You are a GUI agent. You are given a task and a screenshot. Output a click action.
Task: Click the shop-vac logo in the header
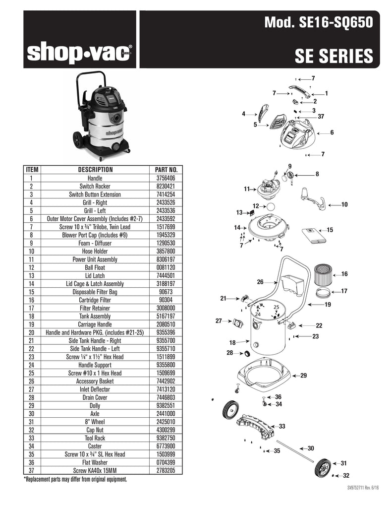click(79, 53)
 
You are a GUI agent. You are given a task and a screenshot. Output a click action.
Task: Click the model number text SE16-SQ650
click(336, 22)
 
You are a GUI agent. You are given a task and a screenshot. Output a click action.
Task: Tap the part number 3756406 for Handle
click(166, 178)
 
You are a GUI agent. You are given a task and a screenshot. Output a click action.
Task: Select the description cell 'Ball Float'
click(95, 267)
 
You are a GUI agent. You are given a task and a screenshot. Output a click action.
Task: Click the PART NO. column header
click(166, 170)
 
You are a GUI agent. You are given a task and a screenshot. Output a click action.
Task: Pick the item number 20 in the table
click(31, 332)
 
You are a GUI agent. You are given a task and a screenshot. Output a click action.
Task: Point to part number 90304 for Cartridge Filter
click(166, 300)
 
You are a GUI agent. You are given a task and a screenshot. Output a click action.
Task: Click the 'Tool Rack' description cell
click(95, 438)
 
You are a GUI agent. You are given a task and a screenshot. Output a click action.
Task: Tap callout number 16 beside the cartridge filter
click(344, 274)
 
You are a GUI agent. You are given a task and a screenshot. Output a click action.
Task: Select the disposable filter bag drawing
click(314, 235)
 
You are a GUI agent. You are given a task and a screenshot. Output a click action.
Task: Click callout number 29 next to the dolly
click(303, 376)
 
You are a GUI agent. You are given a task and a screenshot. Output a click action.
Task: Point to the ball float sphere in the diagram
click(270, 207)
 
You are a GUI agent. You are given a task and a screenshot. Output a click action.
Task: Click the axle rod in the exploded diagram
click(295, 450)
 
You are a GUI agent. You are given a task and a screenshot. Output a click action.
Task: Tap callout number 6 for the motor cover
click(332, 132)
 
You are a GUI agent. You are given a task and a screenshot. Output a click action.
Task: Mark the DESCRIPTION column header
click(96, 170)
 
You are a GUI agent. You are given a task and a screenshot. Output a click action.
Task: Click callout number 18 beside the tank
click(232, 342)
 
